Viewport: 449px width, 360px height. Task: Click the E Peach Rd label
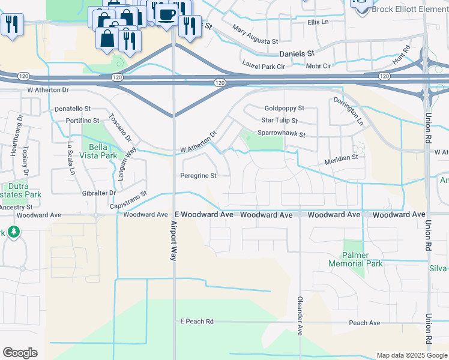pyautogui.click(x=197, y=322)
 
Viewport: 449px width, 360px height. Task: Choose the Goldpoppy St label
pyautogui.click(x=285, y=109)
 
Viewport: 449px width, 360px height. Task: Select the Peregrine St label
pyautogui.click(x=197, y=176)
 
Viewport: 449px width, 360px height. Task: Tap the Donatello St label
pyautogui.click(x=72, y=109)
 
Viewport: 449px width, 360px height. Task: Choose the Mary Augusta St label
pyautogui.click(x=255, y=35)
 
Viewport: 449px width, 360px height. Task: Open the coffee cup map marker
pyautogui.click(x=166, y=13)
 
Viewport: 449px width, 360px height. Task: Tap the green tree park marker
pyautogui.click(x=13, y=232)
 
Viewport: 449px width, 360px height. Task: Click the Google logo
pyautogui.click(x=20, y=353)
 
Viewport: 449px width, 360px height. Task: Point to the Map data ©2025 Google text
pyautogui.click(x=411, y=355)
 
